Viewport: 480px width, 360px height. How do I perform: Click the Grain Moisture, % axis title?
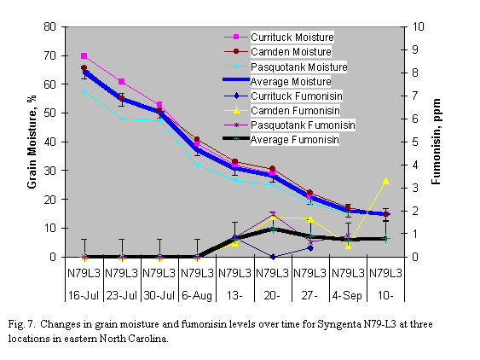pyautogui.click(x=32, y=142)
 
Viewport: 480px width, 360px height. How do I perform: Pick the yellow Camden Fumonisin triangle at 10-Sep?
pyautogui.click(x=386, y=180)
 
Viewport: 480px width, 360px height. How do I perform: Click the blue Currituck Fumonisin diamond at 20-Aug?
pyautogui.click(x=273, y=256)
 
